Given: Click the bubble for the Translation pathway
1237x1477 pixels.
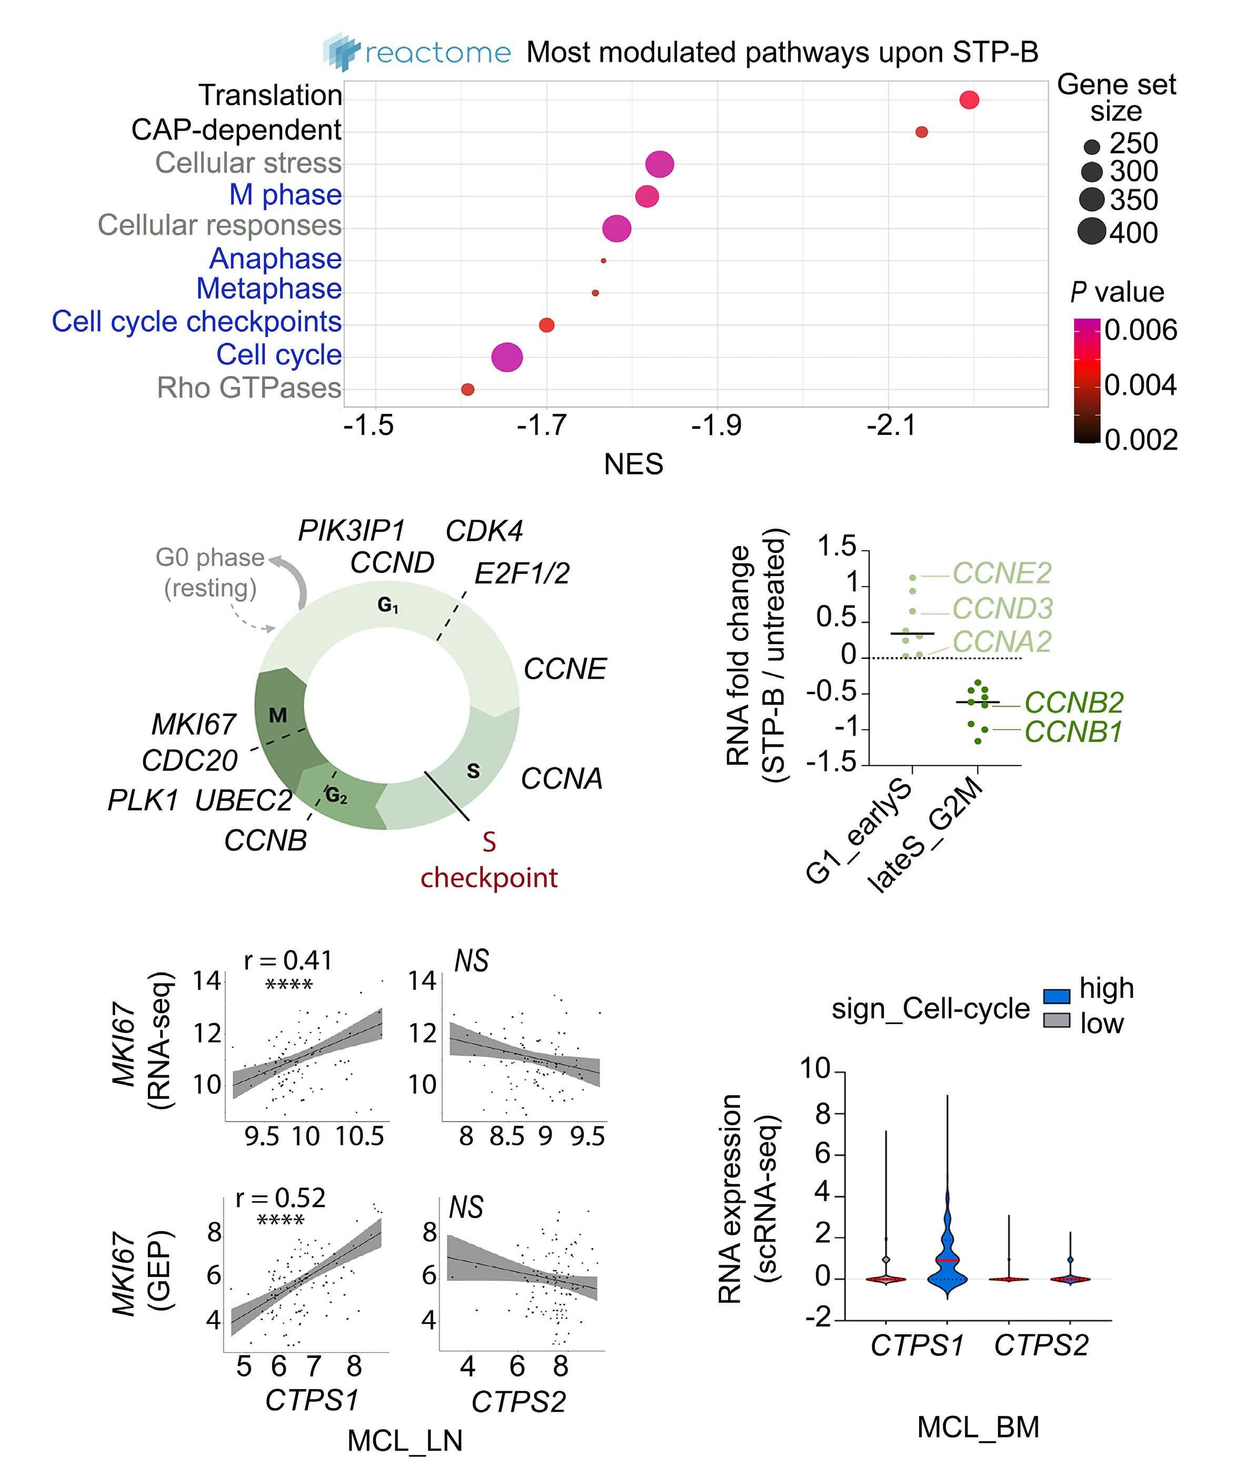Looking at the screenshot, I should pos(969,100).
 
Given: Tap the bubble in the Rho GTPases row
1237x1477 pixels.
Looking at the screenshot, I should pos(467,389).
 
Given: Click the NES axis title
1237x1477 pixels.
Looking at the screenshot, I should pos(633,464).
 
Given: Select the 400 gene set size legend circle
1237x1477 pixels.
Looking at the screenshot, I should pos(1091,231).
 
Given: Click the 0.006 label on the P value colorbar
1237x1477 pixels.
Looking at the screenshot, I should pos(1141,330).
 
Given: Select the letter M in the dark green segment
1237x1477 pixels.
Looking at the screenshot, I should pos(278,715).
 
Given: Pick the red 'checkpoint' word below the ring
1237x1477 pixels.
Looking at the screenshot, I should pos(489,877).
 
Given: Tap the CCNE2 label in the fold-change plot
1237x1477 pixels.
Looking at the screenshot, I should pos(1001,573).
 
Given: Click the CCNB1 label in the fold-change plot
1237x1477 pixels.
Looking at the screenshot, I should pos(1072,732).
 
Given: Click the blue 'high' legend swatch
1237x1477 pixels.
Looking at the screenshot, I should pos(1056,996).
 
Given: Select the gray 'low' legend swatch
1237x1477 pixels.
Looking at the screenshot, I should pos(1056,1020).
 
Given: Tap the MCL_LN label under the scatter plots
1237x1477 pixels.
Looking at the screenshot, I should pos(405,1441).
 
